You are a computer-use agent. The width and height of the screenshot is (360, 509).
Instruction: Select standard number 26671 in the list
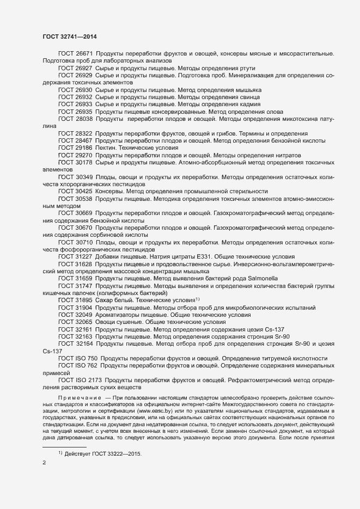[x=84, y=54]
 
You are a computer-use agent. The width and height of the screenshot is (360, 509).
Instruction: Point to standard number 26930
[x=84, y=89]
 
